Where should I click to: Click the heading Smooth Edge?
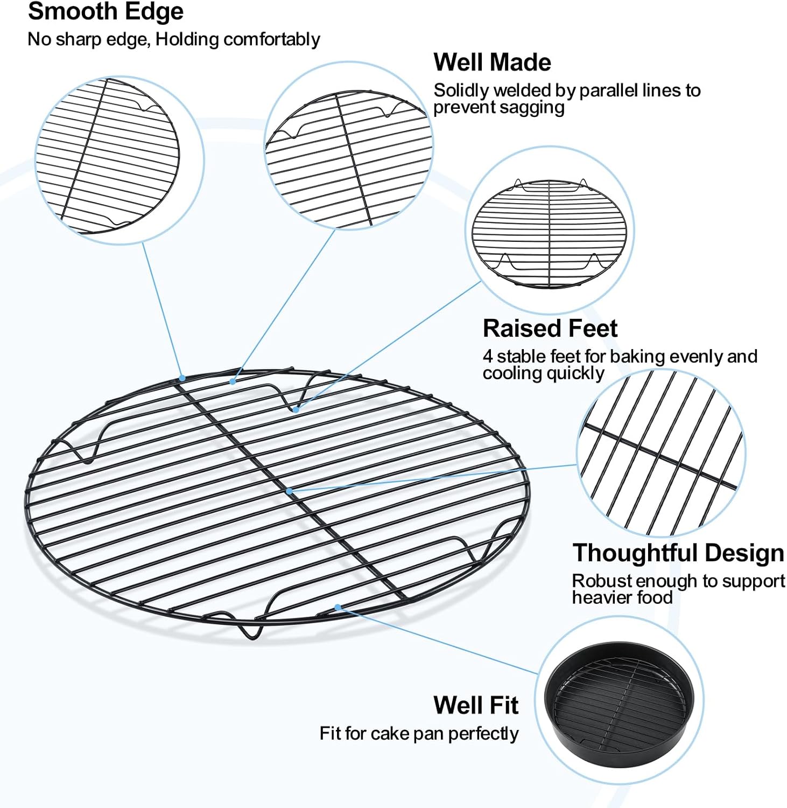[x=106, y=12]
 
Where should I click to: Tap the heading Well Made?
[x=492, y=62]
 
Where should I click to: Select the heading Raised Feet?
[x=550, y=328]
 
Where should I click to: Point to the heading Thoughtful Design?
[x=678, y=553]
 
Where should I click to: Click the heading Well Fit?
[x=476, y=705]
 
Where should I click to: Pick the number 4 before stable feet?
[x=487, y=357]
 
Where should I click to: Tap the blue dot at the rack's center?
[x=289, y=491]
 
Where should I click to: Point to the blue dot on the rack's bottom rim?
[x=338, y=607]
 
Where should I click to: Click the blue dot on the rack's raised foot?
[x=296, y=409]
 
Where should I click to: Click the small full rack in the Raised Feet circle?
[x=549, y=233]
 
